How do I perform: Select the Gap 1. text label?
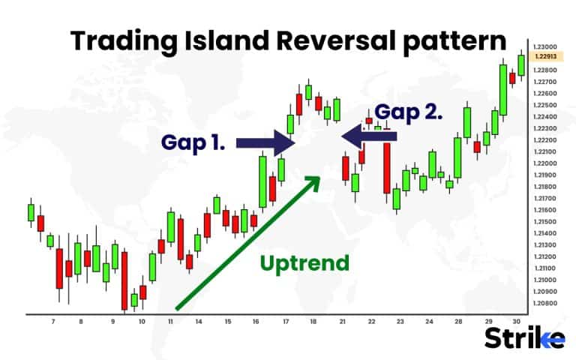tap(193, 142)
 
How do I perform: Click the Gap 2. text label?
tap(409, 112)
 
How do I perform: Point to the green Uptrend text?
tap(304, 263)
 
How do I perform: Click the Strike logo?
tap(525, 338)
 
